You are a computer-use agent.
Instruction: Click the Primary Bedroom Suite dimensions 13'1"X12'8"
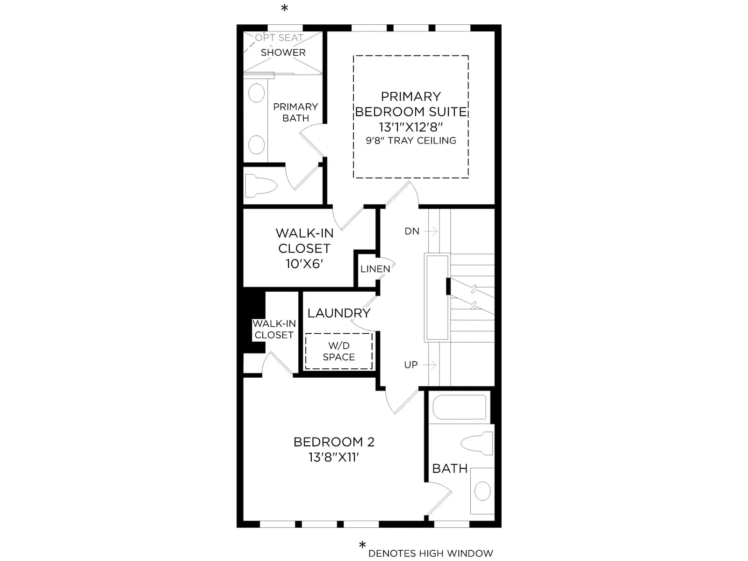(x=410, y=127)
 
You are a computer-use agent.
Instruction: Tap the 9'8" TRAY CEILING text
(x=410, y=140)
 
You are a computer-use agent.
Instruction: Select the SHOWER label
(x=283, y=52)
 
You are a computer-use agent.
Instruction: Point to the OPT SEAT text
(x=279, y=37)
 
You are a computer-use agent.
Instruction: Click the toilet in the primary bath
(x=261, y=185)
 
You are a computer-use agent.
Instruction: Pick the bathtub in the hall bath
(x=460, y=407)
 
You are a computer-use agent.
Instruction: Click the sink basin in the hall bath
(x=482, y=491)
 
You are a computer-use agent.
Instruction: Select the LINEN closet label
(x=375, y=269)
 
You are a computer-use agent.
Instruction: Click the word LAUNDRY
(x=339, y=313)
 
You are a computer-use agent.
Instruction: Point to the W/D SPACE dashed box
(x=339, y=351)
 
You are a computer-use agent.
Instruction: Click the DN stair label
(x=412, y=231)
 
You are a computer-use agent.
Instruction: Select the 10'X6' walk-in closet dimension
(x=304, y=264)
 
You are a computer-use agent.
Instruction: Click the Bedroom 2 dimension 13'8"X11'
(x=334, y=457)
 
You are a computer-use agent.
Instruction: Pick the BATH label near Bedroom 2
(x=450, y=469)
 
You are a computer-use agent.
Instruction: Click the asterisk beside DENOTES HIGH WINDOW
(x=363, y=545)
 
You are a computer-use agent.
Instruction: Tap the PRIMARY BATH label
(x=295, y=112)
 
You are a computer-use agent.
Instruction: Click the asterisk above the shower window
(x=285, y=7)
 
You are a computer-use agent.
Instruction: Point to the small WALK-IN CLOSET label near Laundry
(x=274, y=329)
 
